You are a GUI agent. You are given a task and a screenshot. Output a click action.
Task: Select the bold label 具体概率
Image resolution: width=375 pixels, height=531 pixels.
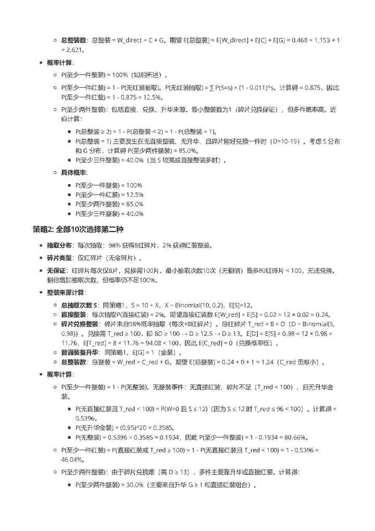pyautogui.click(x=74, y=172)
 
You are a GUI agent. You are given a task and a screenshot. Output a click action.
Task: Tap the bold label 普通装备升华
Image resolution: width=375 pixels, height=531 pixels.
pyautogui.click(x=77, y=352)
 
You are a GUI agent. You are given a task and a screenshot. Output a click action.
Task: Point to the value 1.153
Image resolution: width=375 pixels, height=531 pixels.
pyautogui.click(x=315, y=40)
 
